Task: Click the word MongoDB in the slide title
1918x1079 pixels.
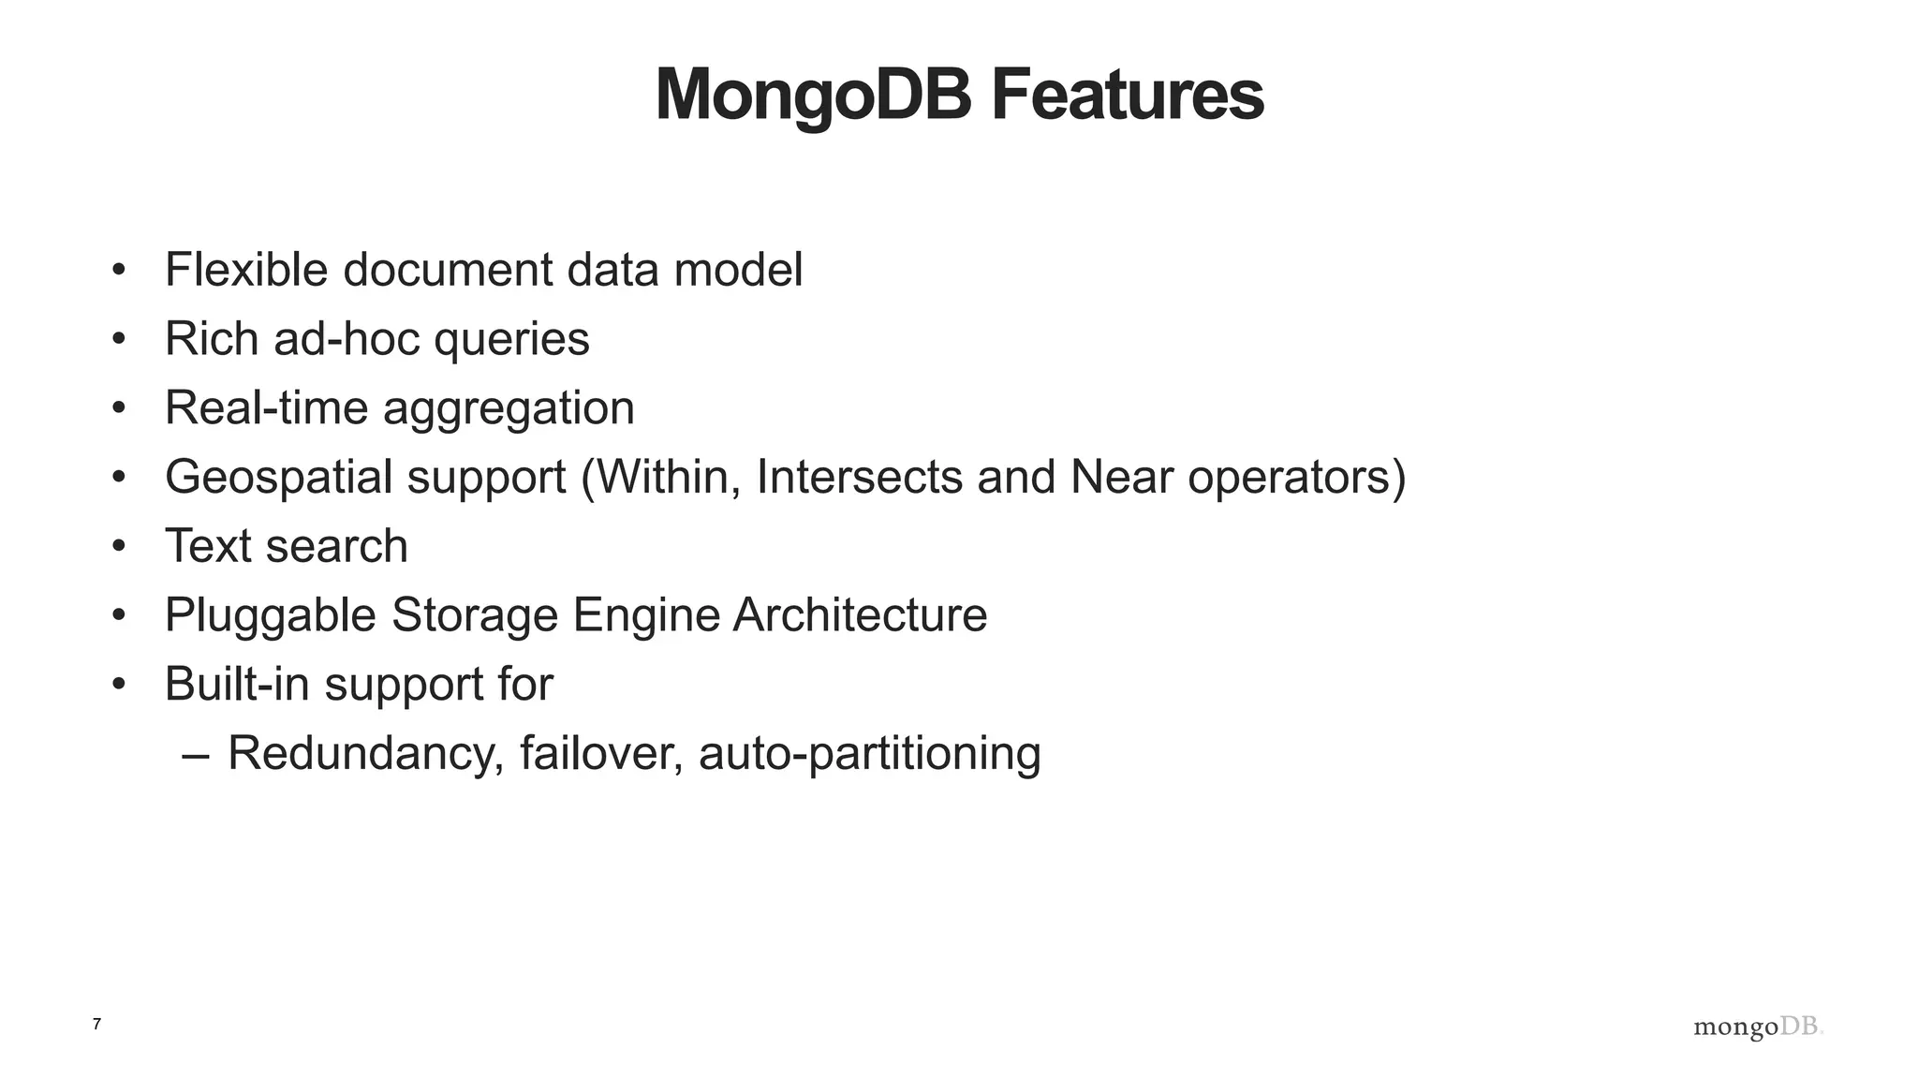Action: pyautogui.click(x=813, y=96)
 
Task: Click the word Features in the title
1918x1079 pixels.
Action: pyautogui.click(x=1127, y=96)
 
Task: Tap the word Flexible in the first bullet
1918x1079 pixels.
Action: pyautogui.click(x=246, y=270)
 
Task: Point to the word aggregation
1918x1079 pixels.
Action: pyautogui.click(x=509, y=409)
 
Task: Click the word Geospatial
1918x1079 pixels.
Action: pyautogui.click(x=278, y=478)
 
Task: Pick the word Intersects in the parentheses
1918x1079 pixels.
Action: pyautogui.click(x=858, y=477)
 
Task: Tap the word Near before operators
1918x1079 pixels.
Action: pyautogui.click(x=1121, y=477)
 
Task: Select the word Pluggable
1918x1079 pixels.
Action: pyautogui.click(x=270, y=616)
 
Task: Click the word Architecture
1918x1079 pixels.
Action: pyautogui.click(x=860, y=615)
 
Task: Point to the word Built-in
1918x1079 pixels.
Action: pyautogui.click(x=237, y=684)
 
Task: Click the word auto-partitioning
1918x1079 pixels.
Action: pyautogui.click(x=869, y=754)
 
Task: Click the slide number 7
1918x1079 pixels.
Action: pyautogui.click(x=96, y=1024)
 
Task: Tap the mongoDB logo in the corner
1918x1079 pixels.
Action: pyautogui.click(x=1758, y=1027)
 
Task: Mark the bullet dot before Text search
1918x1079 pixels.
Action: pyautogui.click(x=118, y=546)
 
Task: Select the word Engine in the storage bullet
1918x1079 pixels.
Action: pyautogui.click(x=645, y=616)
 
